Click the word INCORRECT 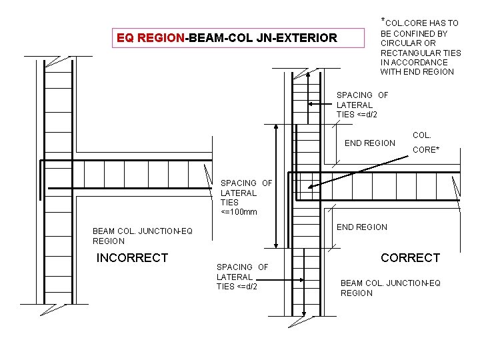133,257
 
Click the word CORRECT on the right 410,257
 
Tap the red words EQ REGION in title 151,38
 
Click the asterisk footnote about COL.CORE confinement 420,47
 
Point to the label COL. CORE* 426,143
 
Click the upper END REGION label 369,143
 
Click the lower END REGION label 362,227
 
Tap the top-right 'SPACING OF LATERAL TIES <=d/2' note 362,105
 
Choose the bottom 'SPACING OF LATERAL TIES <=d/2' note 242,277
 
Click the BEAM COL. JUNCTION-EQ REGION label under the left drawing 143,236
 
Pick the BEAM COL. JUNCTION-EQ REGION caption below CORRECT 391,288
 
